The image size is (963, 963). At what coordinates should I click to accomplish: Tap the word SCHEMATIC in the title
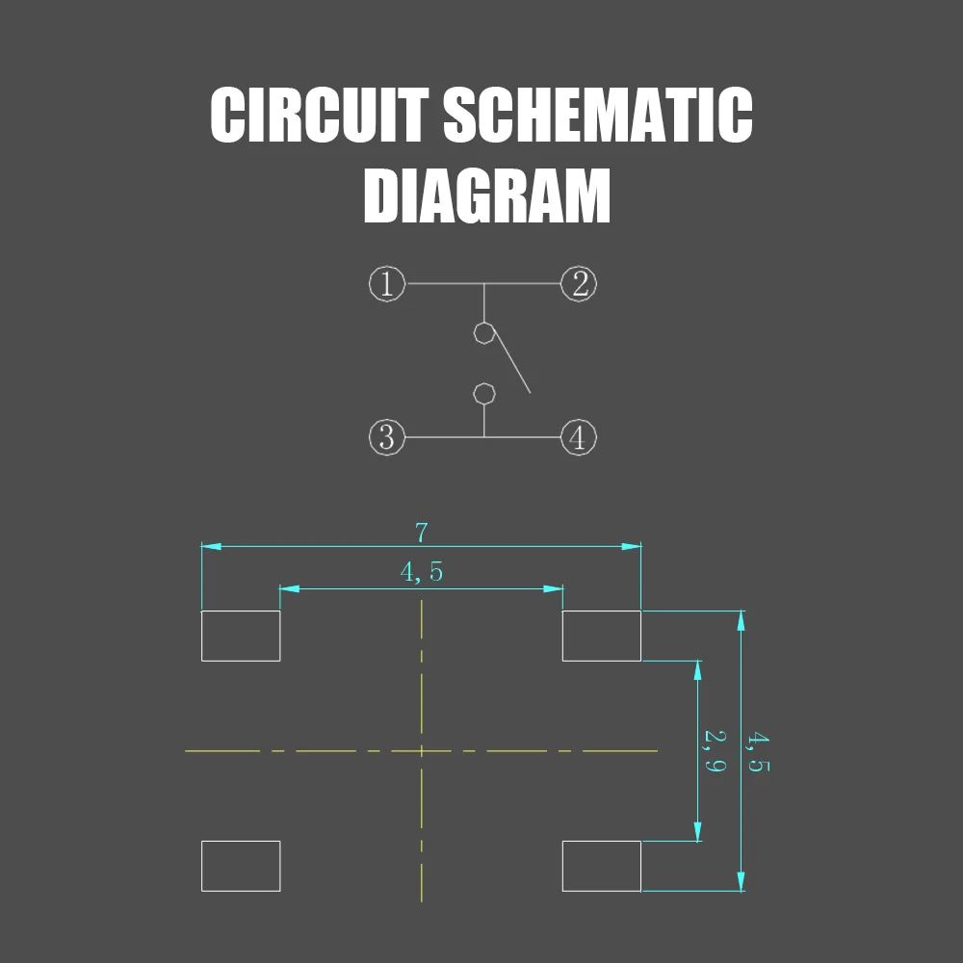tap(597, 116)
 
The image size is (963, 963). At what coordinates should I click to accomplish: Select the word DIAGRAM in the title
tap(486, 196)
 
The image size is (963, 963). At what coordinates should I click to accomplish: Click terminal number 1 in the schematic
tap(386, 284)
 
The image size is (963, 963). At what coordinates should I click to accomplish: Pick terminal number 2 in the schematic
tap(579, 284)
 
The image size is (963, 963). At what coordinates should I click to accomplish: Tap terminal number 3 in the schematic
tap(386, 437)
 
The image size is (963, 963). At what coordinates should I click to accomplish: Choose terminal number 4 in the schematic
tap(578, 438)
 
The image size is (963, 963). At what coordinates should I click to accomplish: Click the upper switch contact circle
tap(484, 333)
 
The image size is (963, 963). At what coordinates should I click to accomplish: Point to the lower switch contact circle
tap(484, 393)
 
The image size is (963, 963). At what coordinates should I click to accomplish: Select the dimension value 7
tap(421, 533)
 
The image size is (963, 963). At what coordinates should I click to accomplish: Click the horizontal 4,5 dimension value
tap(422, 572)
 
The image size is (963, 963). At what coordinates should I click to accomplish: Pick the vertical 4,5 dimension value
tap(758, 752)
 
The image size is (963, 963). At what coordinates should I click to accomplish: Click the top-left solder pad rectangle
tap(241, 636)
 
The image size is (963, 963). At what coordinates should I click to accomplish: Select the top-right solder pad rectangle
tap(602, 636)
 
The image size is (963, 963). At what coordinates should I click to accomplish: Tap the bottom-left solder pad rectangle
tap(241, 866)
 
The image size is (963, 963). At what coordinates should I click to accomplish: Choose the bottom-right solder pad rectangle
tap(602, 866)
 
